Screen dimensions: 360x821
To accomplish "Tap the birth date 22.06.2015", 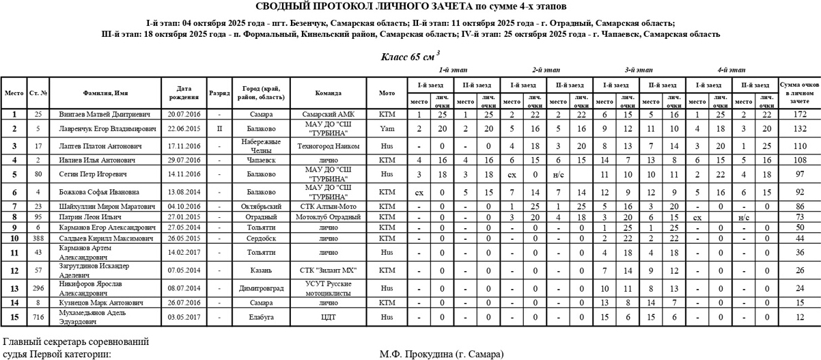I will [182, 128].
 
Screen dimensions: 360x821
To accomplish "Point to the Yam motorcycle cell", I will [387, 128].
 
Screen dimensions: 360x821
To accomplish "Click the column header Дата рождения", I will [183, 93].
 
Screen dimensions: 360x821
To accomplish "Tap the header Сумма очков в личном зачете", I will [799, 93].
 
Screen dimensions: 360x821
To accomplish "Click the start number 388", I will [38, 238].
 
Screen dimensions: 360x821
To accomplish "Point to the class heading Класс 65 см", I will [410, 56].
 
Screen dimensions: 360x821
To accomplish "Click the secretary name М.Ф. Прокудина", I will [442, 355].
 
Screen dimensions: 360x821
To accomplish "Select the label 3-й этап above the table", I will [639, 70].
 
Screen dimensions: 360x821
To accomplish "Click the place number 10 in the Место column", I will [14, 238].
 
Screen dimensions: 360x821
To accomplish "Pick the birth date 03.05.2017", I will [182, 317].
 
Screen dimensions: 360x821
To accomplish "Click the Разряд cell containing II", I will [219, 128].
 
